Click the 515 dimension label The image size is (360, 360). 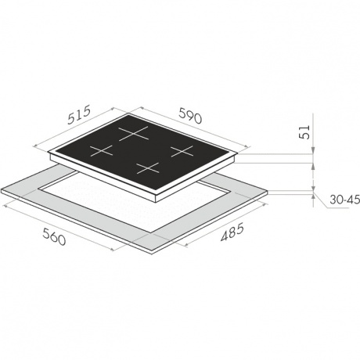(x=79, y=114)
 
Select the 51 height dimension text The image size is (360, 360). (x=304, y=132)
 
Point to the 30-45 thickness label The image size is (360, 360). (x=344, y=200)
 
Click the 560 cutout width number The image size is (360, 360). (x=54, y=236)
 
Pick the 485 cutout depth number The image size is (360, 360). (x=232, y=232)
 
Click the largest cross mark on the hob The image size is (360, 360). (x=134, y=133)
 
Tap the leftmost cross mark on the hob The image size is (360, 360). (x=101, y=151)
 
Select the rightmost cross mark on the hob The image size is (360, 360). (x=182, y=151)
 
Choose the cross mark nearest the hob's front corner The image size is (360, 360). (x=147, y=168)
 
